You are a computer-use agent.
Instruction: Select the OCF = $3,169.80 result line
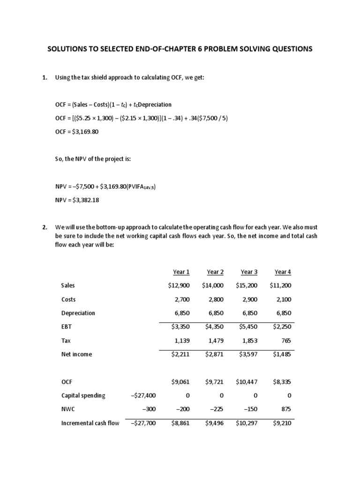[77, 132]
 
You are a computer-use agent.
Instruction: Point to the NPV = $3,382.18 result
[77, 200]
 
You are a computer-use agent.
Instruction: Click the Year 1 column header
[181, 272]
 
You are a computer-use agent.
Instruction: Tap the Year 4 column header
[283, 272]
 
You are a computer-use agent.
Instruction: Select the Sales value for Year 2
[213, 285]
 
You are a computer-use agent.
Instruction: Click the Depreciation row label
[78, 313]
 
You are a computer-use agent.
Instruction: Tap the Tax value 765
[285, 340]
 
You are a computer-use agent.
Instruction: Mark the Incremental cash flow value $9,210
[282, 423]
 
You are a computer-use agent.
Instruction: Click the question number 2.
[45, 227]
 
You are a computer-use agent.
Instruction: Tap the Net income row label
[76, 354]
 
